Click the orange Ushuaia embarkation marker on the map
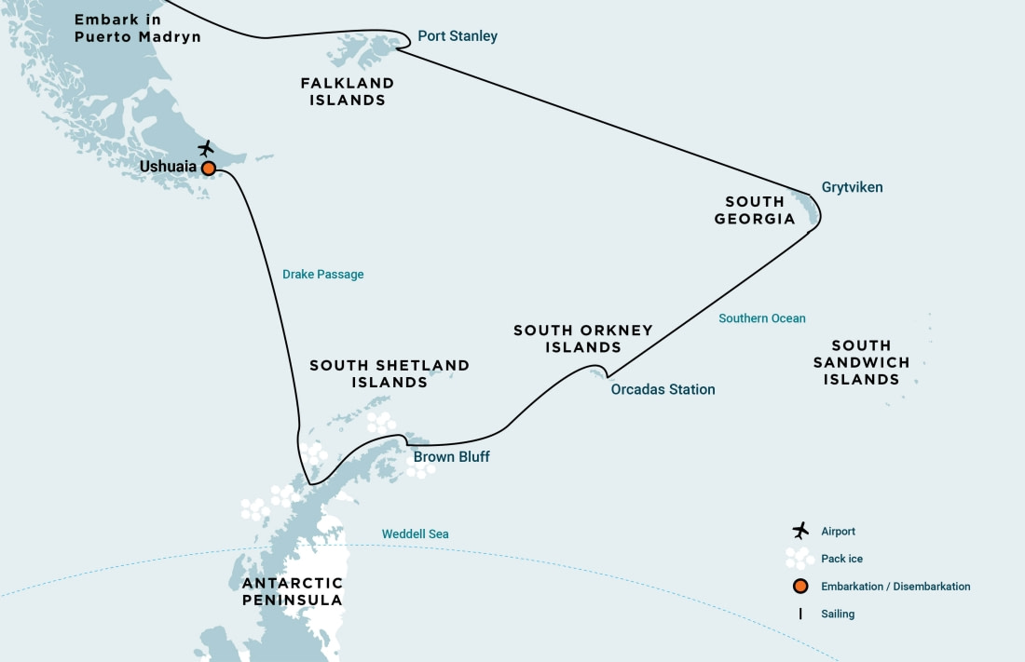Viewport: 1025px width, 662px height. [x=209, y=169]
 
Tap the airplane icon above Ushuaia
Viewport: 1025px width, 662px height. [x=206, y=148]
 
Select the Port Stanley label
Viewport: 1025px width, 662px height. [x=457, y=36]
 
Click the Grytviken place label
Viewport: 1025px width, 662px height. [x=852, y=187]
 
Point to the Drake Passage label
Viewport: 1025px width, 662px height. [x=322, y=275]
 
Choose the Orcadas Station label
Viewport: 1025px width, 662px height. [x=663, y=389]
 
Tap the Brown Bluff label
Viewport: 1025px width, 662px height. [x=451, y=457]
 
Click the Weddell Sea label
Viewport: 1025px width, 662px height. [x=415, y=534]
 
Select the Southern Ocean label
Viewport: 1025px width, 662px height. [x=761, y=318]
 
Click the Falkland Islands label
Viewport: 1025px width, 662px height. [x=347, y=91]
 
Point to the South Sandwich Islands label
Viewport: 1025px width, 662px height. [x=861, y=362]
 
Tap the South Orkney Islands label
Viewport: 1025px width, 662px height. [x=582, y=339]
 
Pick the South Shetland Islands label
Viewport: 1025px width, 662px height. [x=389, y=374]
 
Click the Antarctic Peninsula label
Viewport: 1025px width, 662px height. [x=293, y=591]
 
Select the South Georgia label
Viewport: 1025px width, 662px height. [x=755, y=210]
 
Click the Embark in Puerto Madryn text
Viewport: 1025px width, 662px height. [x=137, y=29]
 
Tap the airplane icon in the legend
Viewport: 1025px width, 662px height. [x=799, y=531]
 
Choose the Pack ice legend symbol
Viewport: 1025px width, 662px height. [x=799, y=558]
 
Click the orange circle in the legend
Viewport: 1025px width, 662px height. [x=799, y=587]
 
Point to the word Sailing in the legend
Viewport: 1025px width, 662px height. [x=838, y=614]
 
